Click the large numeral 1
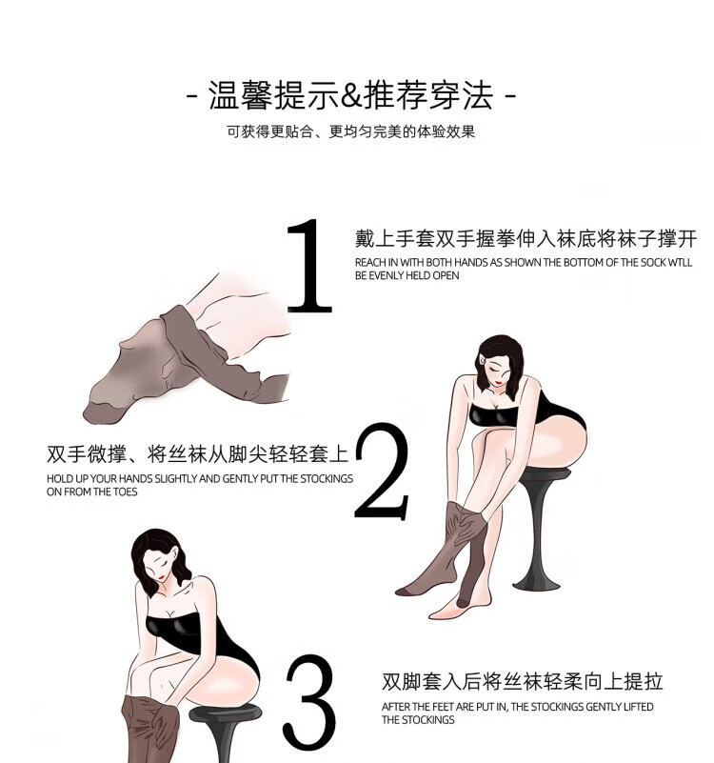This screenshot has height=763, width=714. point(309,266)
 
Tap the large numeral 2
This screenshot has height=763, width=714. point(383,471)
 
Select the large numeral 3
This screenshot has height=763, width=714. point(310,702)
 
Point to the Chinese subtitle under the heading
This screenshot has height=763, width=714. point(350,131)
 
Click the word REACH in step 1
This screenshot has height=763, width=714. point(370,262)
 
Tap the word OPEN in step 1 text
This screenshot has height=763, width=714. point(445,275)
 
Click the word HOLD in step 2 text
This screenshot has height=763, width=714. point(60,479)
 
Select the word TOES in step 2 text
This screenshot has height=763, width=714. point(126,492)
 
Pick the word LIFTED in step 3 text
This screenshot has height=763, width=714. point(638,707)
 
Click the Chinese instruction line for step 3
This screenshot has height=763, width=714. point(522,681)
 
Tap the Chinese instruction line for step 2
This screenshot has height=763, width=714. point(198,454)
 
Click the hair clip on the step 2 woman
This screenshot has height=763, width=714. point(482,359)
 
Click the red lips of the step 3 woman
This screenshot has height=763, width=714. point(161,577)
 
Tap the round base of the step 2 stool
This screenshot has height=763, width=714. point(536,583)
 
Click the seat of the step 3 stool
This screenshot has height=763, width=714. point(225,713)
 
